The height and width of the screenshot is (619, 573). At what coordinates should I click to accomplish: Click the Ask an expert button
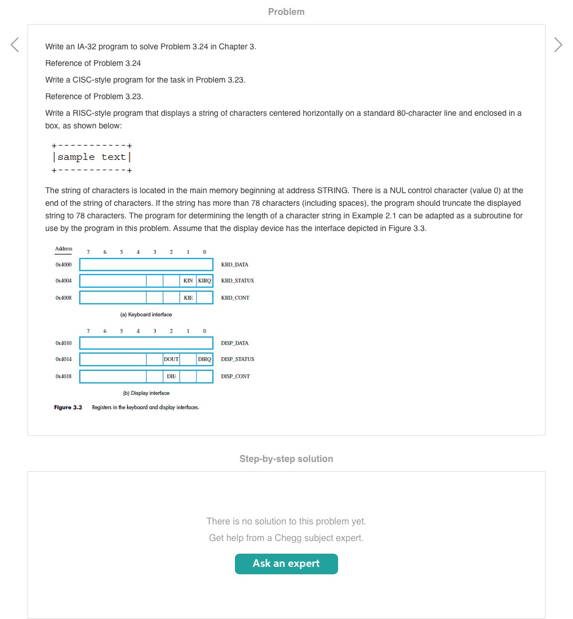[x=286, y=563]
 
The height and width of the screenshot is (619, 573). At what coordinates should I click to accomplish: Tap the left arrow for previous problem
[x=15, y=45]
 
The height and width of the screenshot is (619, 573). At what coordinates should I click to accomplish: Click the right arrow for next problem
[x=558, y=45]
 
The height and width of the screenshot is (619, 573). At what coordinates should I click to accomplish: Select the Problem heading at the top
[x=286, y=11]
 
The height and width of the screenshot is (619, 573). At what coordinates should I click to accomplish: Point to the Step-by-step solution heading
[x=286, y=459]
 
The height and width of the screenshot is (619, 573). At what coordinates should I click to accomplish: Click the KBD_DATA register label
[x=234, y=265]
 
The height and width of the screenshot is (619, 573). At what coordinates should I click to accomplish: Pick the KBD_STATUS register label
[x=237, y=281]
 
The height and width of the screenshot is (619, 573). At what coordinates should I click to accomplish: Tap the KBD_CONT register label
[x=235, y=298]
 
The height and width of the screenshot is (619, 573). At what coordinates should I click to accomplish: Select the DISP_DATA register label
[x=234, y=343]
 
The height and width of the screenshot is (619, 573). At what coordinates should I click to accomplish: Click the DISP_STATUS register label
[x=237, y=359]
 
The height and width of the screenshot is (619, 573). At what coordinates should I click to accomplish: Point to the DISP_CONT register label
[x=235, y=377]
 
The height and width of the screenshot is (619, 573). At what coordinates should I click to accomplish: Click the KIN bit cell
[x=188, y=281]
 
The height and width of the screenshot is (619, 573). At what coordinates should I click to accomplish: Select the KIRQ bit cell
[x=205, y=281]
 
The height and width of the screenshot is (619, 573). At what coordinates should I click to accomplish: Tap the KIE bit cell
[x=188, y=298]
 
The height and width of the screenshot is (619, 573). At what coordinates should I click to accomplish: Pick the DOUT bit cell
[x=171, y=359]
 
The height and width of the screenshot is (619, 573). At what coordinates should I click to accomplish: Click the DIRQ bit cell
[x=205, y=359]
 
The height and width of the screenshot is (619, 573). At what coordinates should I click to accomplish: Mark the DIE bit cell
[x=171, y=377]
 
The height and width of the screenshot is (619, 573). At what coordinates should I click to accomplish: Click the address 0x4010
[x=64, y=343]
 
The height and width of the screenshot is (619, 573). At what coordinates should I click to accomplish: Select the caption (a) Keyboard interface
[x=146, y=315]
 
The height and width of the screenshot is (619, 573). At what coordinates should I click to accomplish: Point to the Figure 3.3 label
[x=68, y=408]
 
